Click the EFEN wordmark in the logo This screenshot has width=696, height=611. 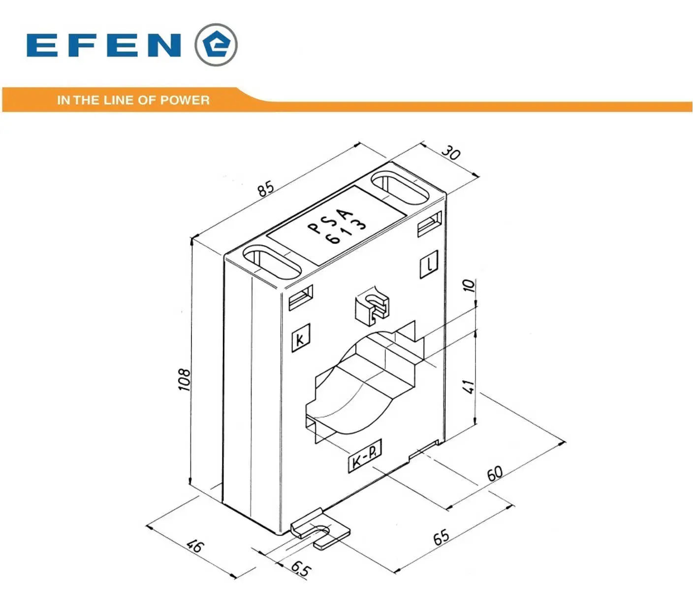104,45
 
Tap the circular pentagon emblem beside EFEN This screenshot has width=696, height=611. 216,45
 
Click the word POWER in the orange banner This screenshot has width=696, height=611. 185,100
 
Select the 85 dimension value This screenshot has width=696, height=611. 267,188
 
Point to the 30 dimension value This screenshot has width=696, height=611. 450,153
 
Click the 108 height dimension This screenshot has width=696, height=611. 185,379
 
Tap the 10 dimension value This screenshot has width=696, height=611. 469,285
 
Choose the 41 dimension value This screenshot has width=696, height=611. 469,386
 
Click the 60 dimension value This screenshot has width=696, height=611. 495,474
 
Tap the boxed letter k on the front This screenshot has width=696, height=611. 301,338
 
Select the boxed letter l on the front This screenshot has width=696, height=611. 429,264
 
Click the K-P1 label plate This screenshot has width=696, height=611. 365,456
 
